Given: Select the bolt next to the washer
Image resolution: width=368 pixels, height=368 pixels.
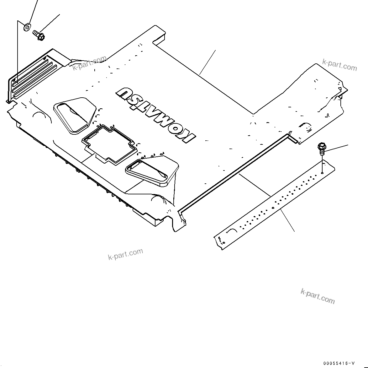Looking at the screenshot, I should [39, 35].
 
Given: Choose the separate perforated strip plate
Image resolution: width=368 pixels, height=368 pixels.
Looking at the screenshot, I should [276, 204].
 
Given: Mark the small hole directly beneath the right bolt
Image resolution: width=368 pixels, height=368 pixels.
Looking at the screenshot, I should [322, 172].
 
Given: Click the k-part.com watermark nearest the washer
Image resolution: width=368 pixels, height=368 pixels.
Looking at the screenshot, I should [89, 63].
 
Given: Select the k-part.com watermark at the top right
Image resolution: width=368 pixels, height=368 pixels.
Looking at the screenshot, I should [339, 65].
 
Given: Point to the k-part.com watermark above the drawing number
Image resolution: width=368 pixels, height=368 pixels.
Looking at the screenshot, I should [318, 296].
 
